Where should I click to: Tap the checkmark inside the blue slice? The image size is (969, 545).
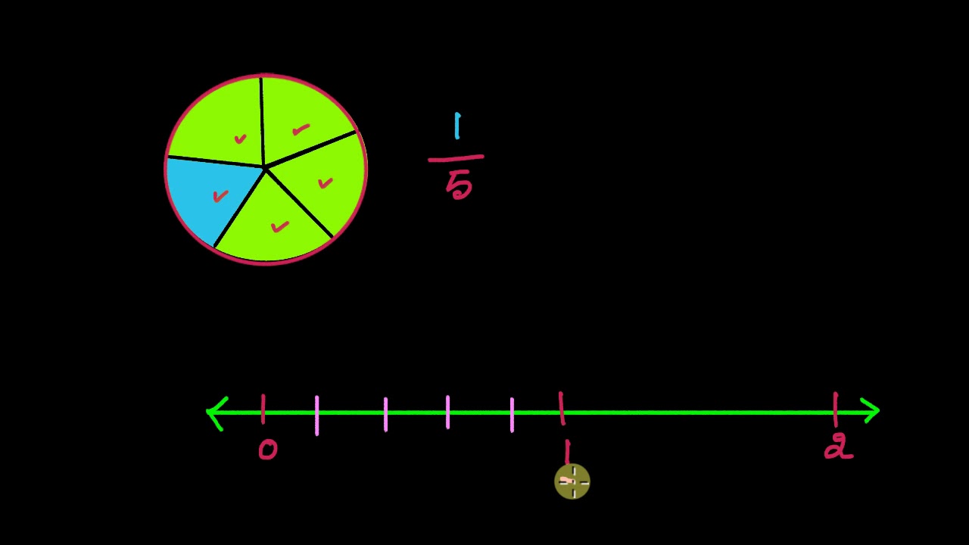[220, 196]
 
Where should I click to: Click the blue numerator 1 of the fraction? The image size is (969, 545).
[457, 126]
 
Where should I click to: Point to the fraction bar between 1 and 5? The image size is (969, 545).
[456, 159]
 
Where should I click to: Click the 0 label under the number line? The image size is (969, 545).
[268, 450]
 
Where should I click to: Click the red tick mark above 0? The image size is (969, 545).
[263, 409]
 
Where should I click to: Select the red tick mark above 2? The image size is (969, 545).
[835, 409]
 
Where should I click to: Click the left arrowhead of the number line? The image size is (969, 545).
[217, 413]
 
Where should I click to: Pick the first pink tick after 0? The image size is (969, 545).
[316, 415]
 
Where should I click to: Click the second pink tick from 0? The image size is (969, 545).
[385, 414]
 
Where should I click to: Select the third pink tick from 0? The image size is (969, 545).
[447, 412]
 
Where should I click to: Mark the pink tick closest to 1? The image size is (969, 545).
[512, 415]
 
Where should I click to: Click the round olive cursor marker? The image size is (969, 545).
[572, 481]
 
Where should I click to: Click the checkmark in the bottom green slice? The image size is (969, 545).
[280, 226]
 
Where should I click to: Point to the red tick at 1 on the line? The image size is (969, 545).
[561, 409]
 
